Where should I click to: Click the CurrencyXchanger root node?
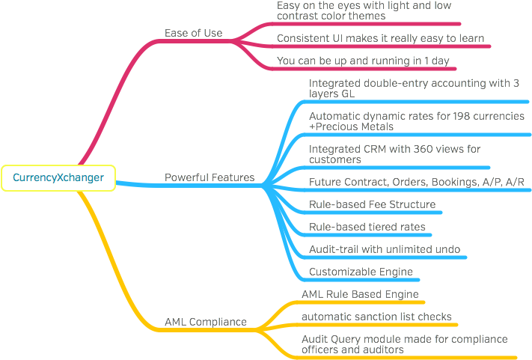point(58,178)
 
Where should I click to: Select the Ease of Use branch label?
point(193,33)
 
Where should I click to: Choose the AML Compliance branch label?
point(206,322)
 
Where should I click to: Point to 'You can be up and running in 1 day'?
point(363,61)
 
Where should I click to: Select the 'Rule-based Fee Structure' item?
point(372,204)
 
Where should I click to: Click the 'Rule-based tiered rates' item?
point(367,227)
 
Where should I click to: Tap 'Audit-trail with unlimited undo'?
point(385,249)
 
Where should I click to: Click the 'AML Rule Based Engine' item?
point(360,294)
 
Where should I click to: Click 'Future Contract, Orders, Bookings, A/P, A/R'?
point(417,182)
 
